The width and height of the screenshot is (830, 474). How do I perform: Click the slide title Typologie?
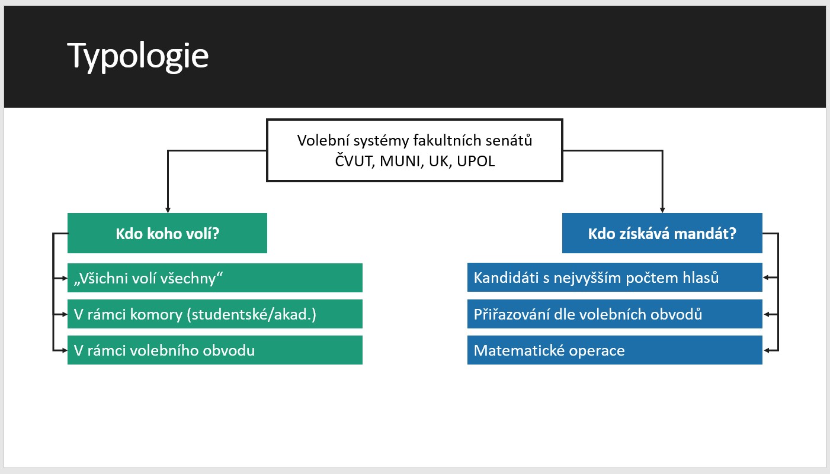(x=138, y=56)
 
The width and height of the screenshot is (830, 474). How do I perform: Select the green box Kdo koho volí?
(x=167, y=233)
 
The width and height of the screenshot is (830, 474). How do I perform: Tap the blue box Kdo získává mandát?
(x=662, y=233)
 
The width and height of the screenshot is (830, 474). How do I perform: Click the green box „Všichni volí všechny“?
(x=215, y=278)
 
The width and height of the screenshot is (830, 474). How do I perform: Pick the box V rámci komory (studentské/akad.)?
(x=215, y=314)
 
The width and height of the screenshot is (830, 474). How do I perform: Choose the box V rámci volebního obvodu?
(x=215, y=350)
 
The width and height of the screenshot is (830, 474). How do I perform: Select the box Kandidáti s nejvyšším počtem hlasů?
(x=615, y=277)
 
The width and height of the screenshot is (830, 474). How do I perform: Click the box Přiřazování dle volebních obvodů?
(x=615, y=314)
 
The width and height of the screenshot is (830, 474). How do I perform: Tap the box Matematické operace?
(x=615, y=350)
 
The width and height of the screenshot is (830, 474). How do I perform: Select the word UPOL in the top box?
(x=476, y=162)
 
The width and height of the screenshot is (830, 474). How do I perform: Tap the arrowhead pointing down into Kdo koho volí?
(x=168, y=210)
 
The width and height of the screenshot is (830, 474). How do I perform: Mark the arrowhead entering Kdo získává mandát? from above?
(x=662, y=210)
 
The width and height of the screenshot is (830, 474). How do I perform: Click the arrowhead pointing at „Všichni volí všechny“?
(x=65, y=278)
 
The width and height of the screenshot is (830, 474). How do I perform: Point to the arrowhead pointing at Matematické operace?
(x=765, y=350)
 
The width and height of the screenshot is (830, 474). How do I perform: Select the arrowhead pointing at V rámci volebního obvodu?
(x=65, y=350)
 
